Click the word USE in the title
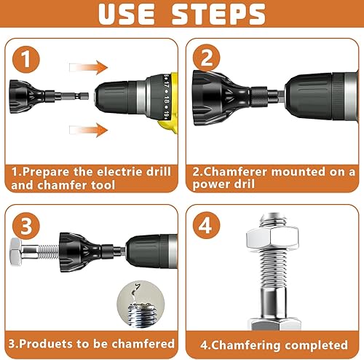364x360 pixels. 127,14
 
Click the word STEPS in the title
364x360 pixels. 218,14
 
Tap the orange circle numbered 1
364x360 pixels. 26,59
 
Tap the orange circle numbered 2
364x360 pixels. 207,58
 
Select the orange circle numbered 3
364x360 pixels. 26,226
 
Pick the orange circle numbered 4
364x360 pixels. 207,225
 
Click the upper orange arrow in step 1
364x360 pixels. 89,67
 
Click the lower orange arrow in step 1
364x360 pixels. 89,130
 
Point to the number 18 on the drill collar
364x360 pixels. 167,101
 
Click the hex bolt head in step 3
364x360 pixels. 16,252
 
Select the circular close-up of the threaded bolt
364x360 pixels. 141,305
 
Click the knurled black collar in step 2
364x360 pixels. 259,97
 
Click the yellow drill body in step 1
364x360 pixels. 168,103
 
